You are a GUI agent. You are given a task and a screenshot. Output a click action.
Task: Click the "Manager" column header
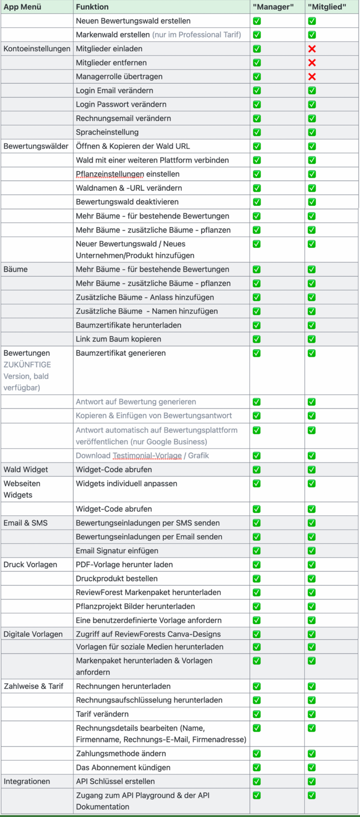click(273, 7)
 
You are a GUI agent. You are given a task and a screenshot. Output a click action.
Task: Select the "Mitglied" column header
click(327, 7)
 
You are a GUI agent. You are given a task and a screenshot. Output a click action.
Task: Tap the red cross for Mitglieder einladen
click(312, 49)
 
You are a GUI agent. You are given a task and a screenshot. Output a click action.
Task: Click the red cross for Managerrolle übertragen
click(312, 77)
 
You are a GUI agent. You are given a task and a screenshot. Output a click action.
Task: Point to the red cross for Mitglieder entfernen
click(312, 63)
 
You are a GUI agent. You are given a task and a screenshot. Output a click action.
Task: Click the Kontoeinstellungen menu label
click(37, 49)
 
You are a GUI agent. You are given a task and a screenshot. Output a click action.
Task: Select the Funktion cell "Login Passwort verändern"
click(121, 104)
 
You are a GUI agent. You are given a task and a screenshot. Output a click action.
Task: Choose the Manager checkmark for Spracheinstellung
click(257, 132)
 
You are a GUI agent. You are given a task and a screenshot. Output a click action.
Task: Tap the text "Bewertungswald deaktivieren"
click(127, 202)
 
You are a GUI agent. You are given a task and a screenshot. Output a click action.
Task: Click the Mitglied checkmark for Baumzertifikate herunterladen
click(312, 325)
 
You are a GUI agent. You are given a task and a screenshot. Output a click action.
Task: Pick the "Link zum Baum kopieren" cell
click(118, 339)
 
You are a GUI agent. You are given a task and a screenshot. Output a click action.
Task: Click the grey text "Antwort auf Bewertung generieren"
click(136, 402)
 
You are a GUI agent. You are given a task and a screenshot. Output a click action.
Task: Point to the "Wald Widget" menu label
click(26, 469)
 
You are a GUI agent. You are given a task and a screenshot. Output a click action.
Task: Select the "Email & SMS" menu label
click(26, 523)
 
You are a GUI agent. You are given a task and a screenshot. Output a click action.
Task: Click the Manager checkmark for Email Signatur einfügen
click(257, 550)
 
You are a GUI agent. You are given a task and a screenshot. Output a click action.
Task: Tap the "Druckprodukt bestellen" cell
click(116, 579)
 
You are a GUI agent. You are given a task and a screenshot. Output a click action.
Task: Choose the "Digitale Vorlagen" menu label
click(33, 634)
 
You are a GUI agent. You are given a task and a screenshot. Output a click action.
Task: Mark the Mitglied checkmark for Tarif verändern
click(312, 714)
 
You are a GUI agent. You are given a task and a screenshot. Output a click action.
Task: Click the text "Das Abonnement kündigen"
click(123, 767)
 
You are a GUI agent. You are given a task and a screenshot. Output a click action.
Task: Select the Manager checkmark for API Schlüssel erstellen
click(257, 781)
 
